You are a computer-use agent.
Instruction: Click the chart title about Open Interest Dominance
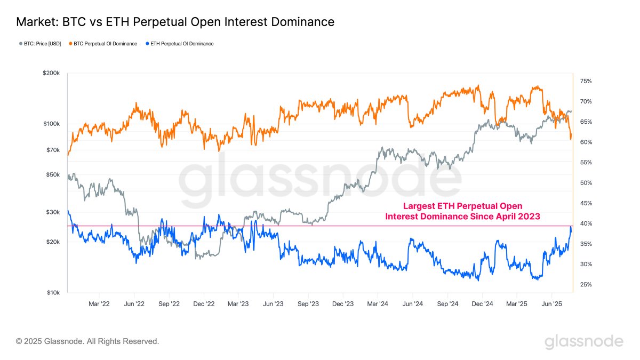point(175,22)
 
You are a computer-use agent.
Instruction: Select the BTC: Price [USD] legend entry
point(39,44)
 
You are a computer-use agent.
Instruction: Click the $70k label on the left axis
point(53,150)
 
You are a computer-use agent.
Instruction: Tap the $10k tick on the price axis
point(53,293)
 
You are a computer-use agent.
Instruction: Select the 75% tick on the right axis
point(585,81)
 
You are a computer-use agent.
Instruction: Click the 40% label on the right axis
point(585,223)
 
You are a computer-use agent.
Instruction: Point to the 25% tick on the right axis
point(585,285)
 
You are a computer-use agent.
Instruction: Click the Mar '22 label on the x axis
point(99,303)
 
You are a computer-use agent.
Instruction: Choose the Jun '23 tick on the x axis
point(273,303)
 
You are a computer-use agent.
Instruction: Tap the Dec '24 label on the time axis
point(482,303)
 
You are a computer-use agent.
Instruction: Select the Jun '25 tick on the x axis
point(551,303)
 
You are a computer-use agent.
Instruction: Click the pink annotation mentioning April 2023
point(463,211)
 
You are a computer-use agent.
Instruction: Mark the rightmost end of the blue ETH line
point(571,228)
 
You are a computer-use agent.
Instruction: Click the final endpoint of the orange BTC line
point(571,137)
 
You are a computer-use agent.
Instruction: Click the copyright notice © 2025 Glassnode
point(87,341)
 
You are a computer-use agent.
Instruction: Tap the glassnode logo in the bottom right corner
point(583,341)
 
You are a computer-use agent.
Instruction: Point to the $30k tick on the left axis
point(53,212)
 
